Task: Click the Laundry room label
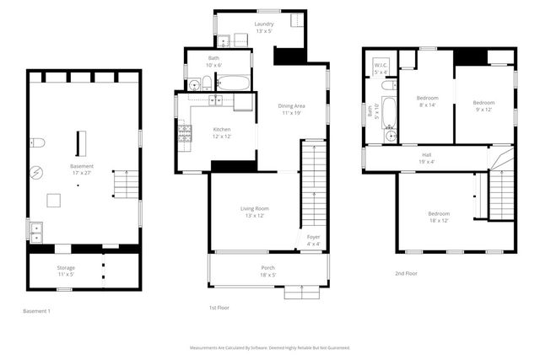[x=264, y=27]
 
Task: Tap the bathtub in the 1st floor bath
[x=233, y=83]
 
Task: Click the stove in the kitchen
[x=183, y=132]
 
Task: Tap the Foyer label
[x=313, y=240]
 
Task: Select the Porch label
[x=267, y=271]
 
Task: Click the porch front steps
[x=300, y=293]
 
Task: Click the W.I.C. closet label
[x=381, y=69]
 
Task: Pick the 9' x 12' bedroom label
[x=483, y=105]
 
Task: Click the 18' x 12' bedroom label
[x=439, y=217]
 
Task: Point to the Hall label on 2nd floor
[x=427, y=159]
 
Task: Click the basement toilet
[x=36, y=142]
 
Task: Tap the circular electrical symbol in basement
[x=36, y=173]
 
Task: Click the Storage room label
[x=66, y=271]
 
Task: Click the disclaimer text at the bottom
[x=269, y=347]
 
